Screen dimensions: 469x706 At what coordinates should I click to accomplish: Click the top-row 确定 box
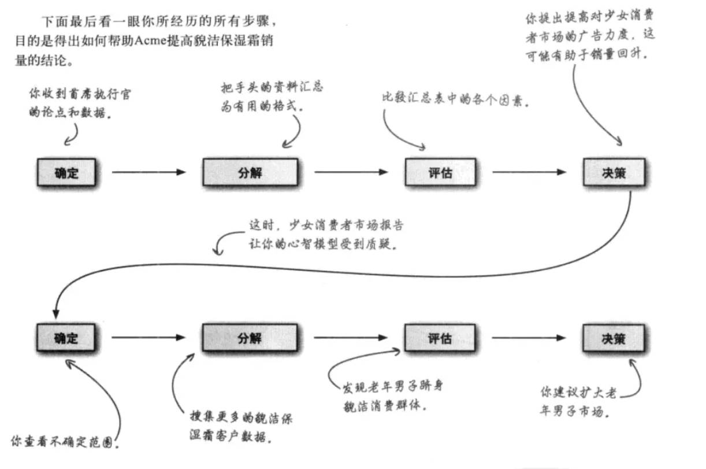66,172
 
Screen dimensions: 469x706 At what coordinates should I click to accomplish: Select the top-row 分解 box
250,172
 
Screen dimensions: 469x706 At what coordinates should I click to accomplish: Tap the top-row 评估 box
440,172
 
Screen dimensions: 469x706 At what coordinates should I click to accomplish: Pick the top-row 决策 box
612,172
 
